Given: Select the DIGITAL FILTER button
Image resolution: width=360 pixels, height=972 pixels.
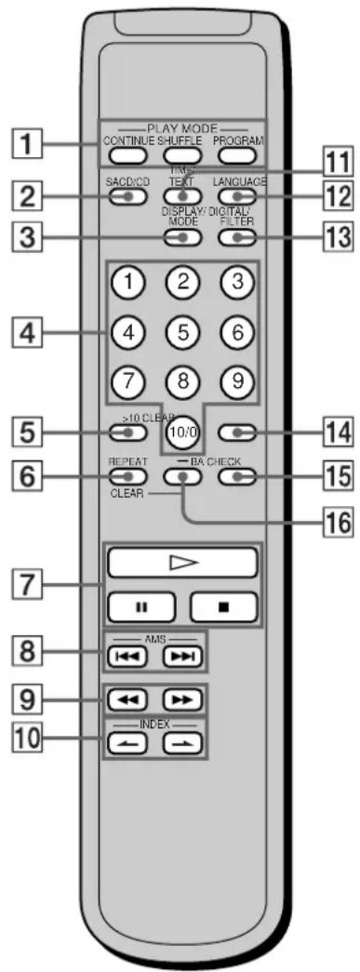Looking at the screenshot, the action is (x=236, y=237).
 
